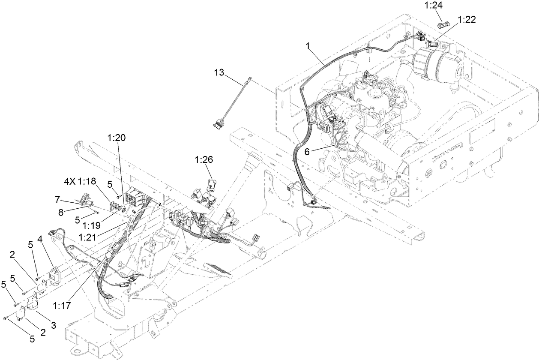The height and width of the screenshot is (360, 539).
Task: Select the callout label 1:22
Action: [x=467, y=20]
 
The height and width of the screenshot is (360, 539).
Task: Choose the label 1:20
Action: [x=116, y=138]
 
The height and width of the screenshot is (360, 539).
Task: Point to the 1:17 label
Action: [x=62, y=306]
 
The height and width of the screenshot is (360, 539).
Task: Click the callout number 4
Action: [x=39, y=238]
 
